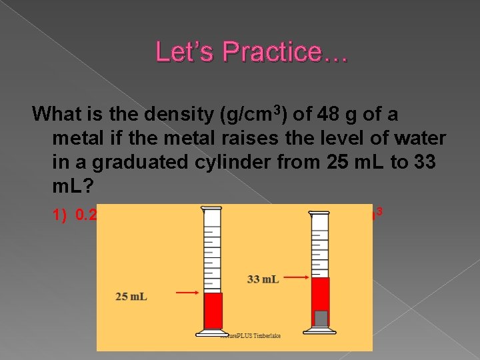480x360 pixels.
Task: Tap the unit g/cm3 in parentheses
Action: point(254,114)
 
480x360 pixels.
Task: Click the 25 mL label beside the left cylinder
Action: point(131,296)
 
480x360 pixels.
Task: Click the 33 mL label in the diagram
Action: point(263,279)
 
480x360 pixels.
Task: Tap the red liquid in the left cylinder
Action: point(213,310)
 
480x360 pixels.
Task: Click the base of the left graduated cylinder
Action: point(213,332)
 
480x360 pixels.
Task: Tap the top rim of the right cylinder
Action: point(321,213)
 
